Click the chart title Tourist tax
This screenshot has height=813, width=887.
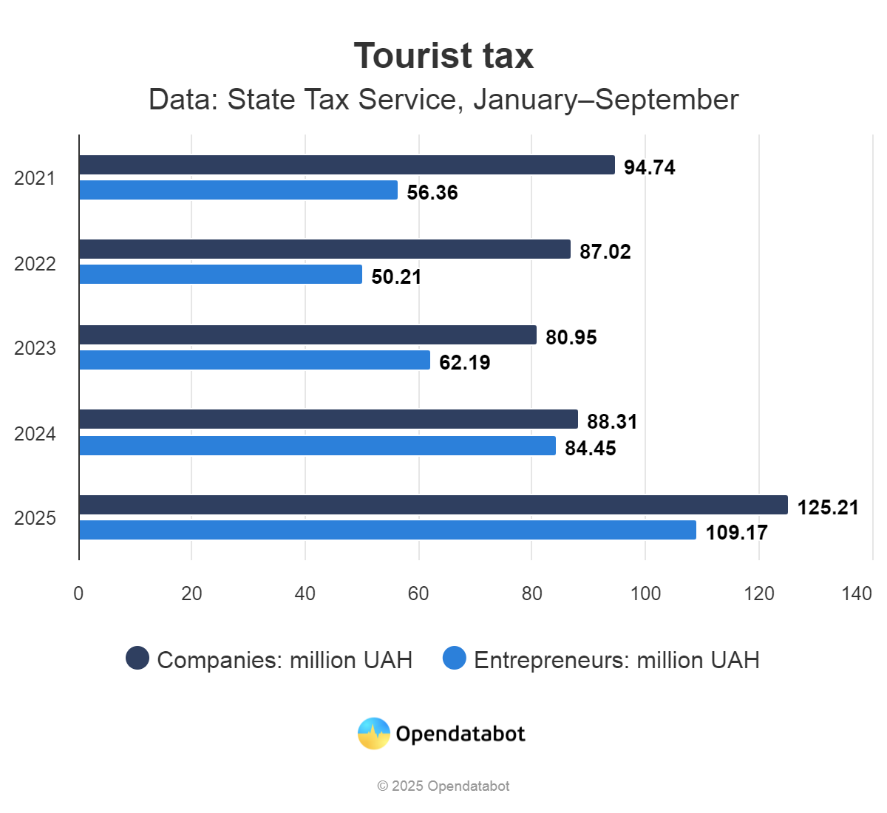coord(443,56)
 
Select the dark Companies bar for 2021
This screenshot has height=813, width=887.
coord(347,165)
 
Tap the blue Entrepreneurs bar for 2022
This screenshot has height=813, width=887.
coord(220,274)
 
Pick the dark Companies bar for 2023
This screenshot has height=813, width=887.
coord(307,335)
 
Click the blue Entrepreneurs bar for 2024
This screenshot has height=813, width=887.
coord(317,446)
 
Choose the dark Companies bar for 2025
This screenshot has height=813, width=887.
coord(433,505)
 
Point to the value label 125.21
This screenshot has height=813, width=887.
coord(828,508)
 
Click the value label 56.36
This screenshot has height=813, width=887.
coord(432,193)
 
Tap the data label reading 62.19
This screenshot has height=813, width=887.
coord(465,363)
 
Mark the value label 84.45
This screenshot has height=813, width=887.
coord(591,449)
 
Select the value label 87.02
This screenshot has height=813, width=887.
coord(605,252)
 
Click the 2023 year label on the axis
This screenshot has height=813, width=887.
coord(35,348)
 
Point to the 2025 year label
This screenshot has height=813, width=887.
coord(35,518)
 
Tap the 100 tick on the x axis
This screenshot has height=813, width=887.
coord(645,593)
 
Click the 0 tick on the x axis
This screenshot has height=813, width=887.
coord(78,593)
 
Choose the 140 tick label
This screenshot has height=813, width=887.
coord(857,593)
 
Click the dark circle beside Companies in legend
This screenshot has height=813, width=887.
coord(137,658)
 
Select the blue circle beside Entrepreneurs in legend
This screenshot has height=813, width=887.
coord(455,658)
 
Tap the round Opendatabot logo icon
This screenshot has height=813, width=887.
coord(374,734)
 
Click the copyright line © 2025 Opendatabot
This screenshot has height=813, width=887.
coord(443,786)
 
